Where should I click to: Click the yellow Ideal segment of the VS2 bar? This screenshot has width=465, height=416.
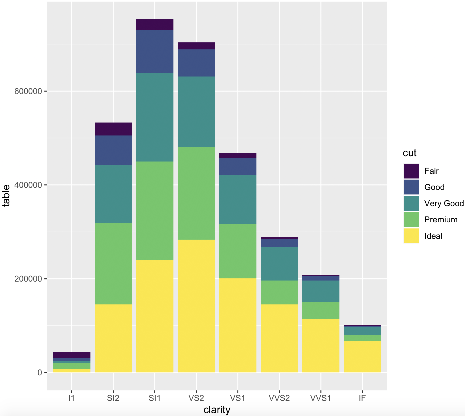196,305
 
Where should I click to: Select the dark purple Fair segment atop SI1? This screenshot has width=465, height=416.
155,25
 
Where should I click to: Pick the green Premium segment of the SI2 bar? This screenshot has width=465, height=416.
113,264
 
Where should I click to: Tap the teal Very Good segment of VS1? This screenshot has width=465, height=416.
238,199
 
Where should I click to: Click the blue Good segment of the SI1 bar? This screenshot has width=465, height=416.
155,52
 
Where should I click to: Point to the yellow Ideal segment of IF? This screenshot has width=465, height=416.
362,356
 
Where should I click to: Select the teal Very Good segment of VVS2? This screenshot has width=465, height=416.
279,264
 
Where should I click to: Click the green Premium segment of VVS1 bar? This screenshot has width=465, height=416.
321,310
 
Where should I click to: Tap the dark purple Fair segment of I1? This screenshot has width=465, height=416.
72,355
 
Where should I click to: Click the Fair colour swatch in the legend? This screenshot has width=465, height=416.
411,171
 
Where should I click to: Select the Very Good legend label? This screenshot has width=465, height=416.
444,203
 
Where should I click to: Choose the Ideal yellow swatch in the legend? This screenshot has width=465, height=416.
411,236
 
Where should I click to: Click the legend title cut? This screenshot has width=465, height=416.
409,153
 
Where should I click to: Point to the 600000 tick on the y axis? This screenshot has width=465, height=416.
28,91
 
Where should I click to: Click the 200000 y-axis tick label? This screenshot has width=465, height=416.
28,279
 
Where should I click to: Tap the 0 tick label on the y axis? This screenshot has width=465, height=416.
40,373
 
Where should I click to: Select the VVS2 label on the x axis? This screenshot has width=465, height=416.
279,398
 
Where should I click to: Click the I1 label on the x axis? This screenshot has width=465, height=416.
72,398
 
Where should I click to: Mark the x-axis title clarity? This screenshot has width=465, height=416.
217,410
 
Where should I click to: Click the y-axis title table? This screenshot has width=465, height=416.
6,196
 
